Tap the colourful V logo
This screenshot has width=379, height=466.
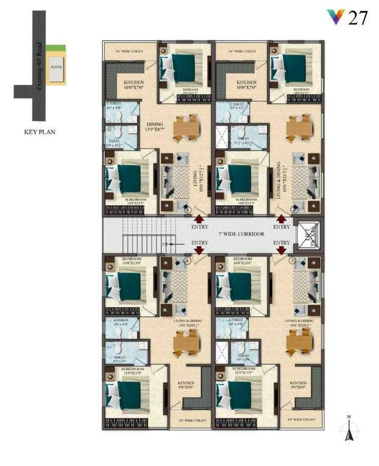click(335, 17)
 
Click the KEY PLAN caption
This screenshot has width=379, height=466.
click(39, 130)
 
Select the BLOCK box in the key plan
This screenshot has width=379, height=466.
click(56, 67)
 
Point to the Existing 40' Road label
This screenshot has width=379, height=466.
click(39, 66)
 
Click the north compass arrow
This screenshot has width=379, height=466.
click(349, 431)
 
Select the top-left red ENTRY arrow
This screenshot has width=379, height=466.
click(198, 220)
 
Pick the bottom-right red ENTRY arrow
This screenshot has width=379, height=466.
click(281, 249)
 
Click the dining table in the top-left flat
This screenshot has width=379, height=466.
click(184, 127)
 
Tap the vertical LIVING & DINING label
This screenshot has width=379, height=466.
click(280, 180)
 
